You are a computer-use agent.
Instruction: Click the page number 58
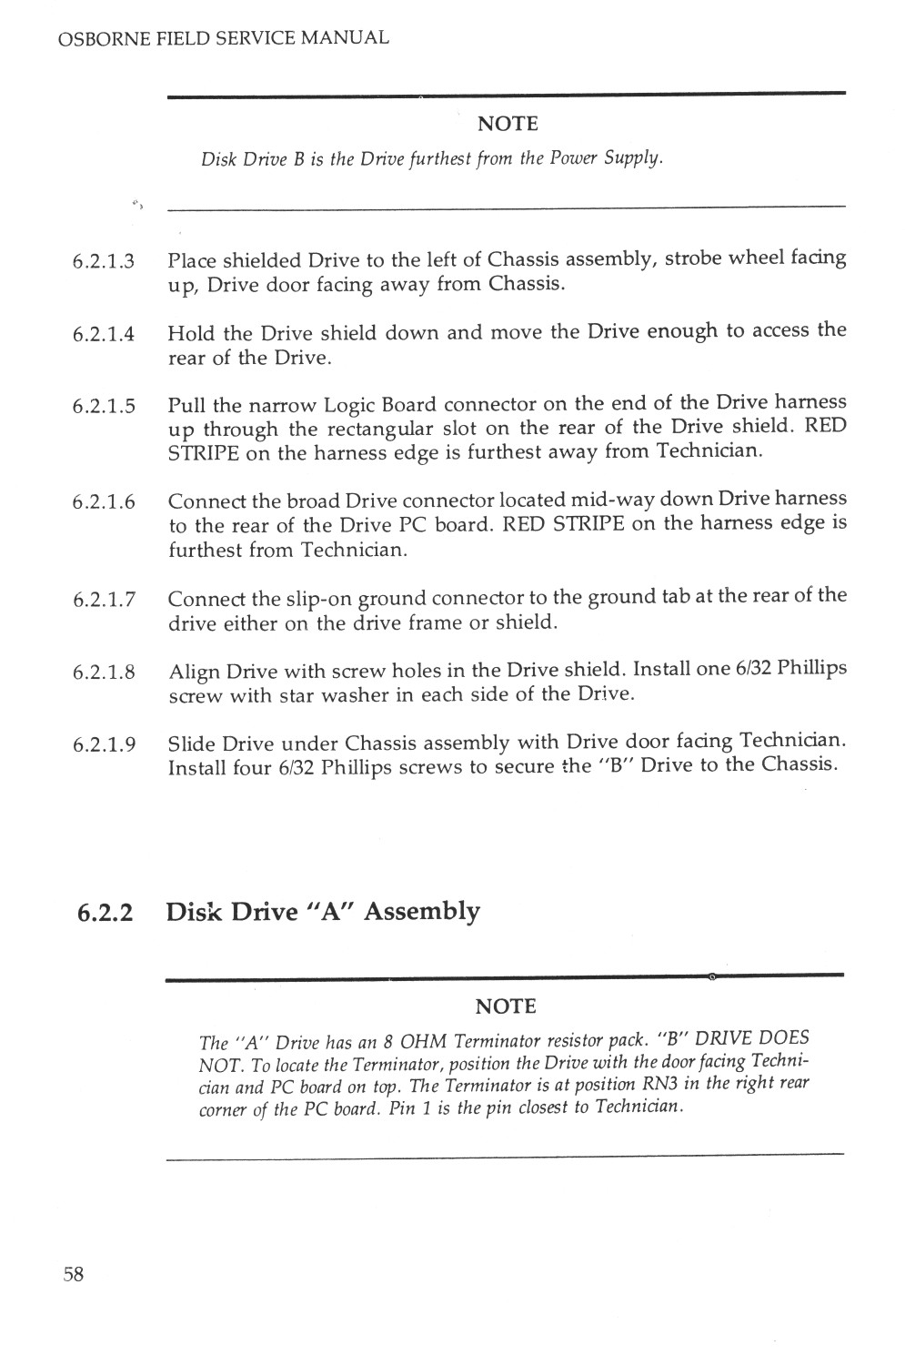(74, 1274)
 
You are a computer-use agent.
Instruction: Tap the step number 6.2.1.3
(104, 262)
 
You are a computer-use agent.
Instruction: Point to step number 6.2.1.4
(104, 334)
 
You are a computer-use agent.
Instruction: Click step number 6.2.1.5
(104, 406)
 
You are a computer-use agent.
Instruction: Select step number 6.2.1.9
(104, 744)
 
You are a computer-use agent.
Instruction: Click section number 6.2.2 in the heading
(104, 912)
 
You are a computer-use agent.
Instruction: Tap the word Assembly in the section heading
(421, 912)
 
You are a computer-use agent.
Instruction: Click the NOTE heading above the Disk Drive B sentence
(508, 124)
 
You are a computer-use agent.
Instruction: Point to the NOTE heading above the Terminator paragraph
(506, 1006)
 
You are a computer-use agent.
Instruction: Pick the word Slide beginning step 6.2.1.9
(192, 743)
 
